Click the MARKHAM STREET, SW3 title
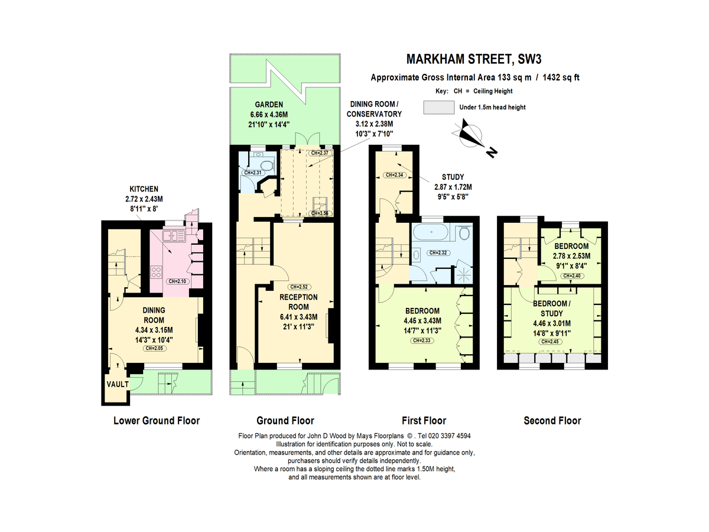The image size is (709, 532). click(x=474, y=59)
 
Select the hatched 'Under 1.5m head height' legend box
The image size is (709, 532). click(x=439, y=107)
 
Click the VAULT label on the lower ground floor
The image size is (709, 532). click(x=117, y=384)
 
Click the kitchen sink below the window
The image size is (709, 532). click(x=174, y=236)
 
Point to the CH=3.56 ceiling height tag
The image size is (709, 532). click(x=321, y=213)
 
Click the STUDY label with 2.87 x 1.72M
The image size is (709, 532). click(x=453, y=176)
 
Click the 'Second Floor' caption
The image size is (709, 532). click(x=552, y=421)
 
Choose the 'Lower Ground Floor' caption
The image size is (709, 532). click(x=157, y=421)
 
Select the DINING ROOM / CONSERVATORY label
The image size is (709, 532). click(x=374, y=114)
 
